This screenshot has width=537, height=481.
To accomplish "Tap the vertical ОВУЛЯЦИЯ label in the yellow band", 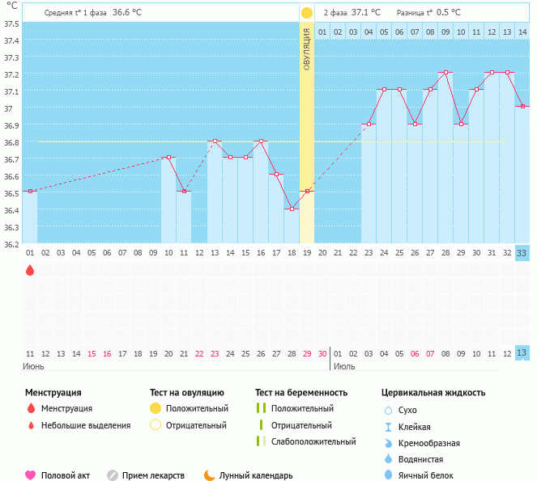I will [307, 49].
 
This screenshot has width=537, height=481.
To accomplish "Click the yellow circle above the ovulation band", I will [307, 13].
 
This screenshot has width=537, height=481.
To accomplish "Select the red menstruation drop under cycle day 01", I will [30, 271].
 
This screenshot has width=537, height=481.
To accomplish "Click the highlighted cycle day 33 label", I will [522, 253].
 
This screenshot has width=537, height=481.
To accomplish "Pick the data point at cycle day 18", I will [292, 209].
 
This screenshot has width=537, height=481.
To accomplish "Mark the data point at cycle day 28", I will [445, 73].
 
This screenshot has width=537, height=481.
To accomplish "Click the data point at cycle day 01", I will [30, 192].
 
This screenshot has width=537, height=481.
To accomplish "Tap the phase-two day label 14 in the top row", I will [522, 32].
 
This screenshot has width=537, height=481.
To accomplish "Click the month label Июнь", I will [33, 366].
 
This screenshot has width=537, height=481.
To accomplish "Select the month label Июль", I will [344, 366].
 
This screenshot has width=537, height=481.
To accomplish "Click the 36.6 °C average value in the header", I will [127, 12].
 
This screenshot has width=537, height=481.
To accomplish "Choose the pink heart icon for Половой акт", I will [31, 475].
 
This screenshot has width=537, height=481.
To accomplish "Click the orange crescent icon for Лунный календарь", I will [209, 475].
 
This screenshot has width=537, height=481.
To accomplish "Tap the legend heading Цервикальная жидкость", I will [433, 393].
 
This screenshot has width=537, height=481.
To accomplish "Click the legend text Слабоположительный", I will [313, 441].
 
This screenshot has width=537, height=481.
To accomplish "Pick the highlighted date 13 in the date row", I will [522, 352].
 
